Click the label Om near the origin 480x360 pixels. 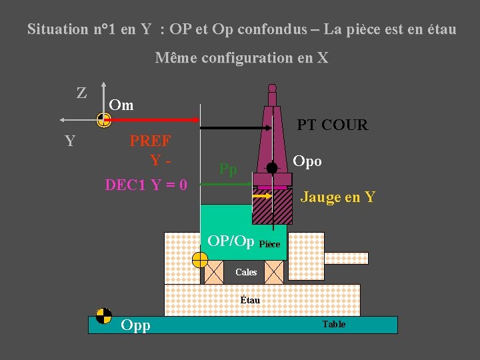tap(121, 105)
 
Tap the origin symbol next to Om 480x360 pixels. tap(103, 120)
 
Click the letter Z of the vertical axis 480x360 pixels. tap(81, 93)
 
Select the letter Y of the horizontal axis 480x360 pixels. tap(69, 141)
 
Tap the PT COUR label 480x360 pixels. tap(332, 125)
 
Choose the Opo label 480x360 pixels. tap(307, 161)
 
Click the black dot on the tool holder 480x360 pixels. tap(272, 167)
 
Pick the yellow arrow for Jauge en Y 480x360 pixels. tap(261, 197)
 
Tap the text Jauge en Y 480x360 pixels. tap(338, 197)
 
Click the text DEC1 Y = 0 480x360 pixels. tap(146, 185)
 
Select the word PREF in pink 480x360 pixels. tap(150, 141)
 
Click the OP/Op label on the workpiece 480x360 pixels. tap(231, 241)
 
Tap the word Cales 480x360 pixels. tap(246, 272)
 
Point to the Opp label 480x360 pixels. tap(135, 325)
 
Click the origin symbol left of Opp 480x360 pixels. tap(103, 315)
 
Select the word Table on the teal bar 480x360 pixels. tap(333, 325)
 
